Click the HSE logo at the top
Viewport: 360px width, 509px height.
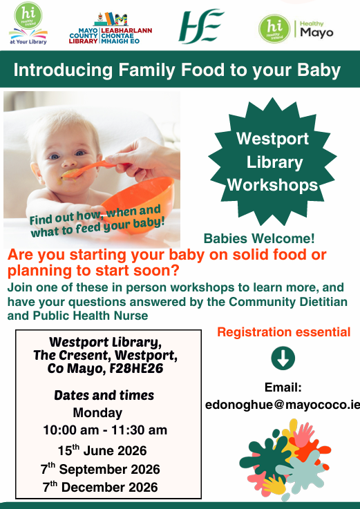[201, 26]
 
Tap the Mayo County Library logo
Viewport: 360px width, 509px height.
[111, 28]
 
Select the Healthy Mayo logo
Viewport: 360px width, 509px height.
[296, 29]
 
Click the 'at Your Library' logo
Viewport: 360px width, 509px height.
[28, 23]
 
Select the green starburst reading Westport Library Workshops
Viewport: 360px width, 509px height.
[273, 162]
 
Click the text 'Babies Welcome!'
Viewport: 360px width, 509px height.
[259, 238]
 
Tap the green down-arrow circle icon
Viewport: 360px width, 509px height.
[283, 358]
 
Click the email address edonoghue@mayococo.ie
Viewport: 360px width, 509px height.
[283, 405]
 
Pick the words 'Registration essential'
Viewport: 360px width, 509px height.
[283, 332]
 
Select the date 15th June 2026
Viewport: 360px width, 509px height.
[102, 450]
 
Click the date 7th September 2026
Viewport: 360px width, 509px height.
[100, 469]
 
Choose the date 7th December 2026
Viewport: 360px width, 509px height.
[100, 487]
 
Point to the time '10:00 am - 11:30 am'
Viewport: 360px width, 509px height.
[105, 430]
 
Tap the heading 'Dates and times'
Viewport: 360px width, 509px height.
[104, 395]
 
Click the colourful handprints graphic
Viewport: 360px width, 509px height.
[285, 459]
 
